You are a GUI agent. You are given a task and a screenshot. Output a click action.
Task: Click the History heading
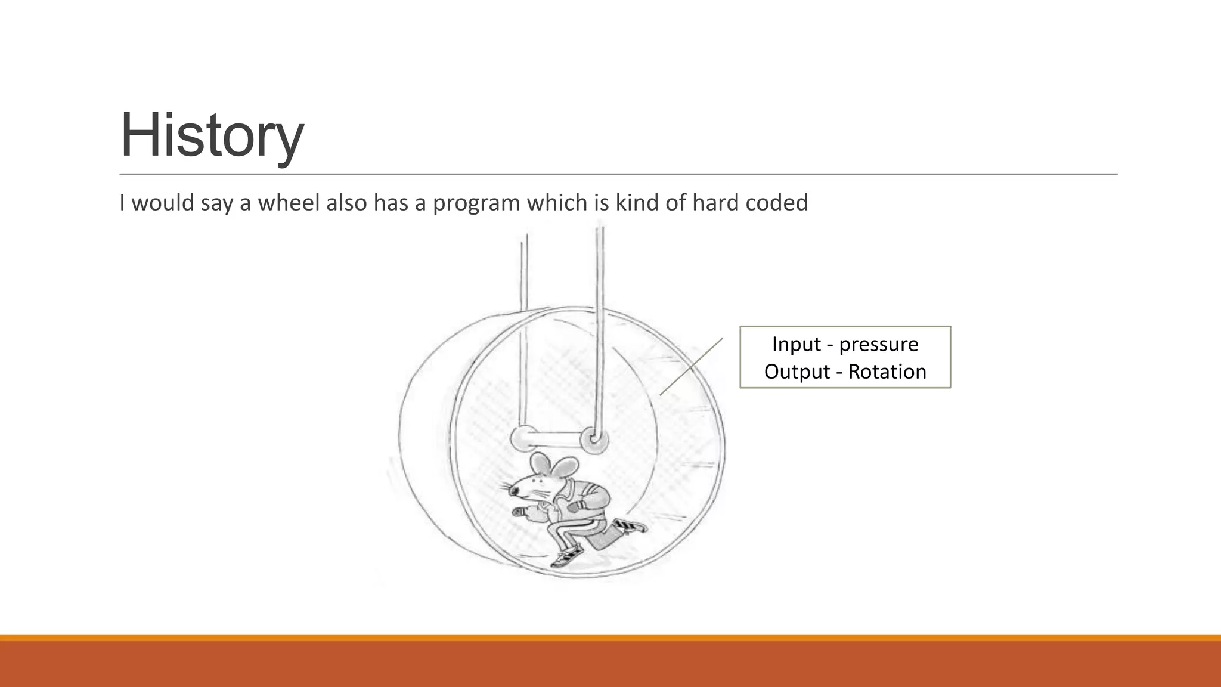212,135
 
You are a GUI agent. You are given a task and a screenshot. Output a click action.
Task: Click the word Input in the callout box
796,344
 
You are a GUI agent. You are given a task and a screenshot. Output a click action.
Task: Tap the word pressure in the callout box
878,345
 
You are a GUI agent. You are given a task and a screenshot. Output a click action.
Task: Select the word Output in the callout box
797,372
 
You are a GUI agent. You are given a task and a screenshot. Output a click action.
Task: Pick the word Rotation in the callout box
887,372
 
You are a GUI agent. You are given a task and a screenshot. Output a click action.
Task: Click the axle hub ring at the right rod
594,440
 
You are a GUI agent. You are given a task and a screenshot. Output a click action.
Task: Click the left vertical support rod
524,334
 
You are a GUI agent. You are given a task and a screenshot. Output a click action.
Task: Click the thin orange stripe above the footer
610,638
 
